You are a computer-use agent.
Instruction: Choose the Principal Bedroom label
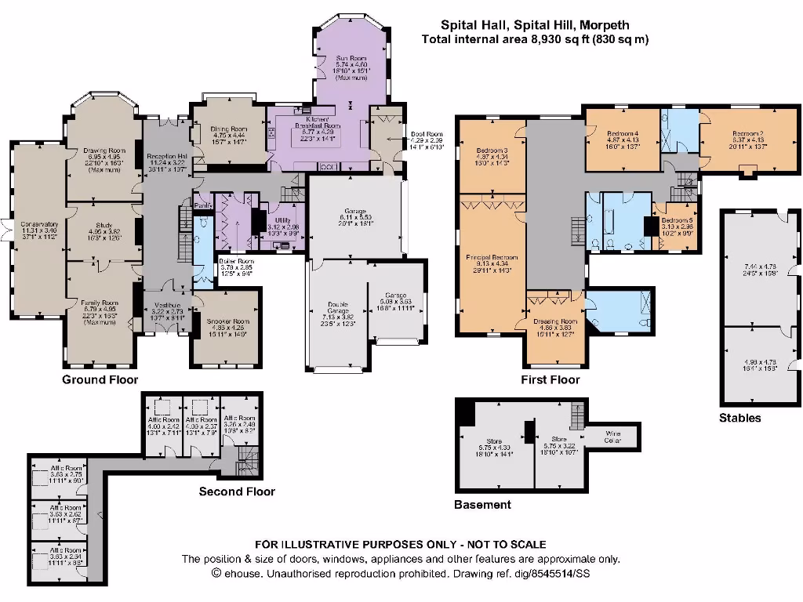(x=492, y=257)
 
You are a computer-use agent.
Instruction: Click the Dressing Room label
(x=555, y=321)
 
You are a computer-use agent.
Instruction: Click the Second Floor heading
(x=237, y=491)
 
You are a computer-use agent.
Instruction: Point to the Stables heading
(x=739, y=418)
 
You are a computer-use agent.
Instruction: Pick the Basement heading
(x=482, y=505)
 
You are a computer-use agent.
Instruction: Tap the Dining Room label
(x=229, y=129)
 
